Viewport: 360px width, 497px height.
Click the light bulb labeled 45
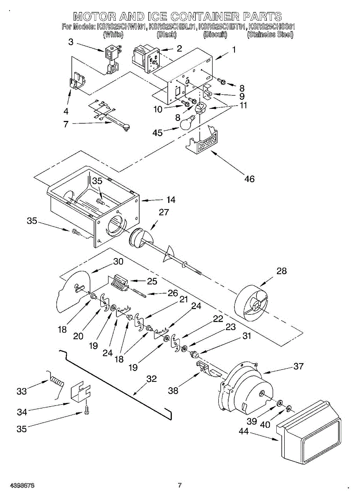187,122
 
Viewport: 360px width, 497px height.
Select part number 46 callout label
249,179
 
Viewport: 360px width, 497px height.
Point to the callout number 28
281,271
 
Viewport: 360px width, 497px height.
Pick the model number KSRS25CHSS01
272,27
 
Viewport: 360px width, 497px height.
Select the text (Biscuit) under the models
215,35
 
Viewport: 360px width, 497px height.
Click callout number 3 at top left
71,42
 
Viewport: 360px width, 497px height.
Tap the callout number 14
171,200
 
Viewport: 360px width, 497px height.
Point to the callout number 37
298,366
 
